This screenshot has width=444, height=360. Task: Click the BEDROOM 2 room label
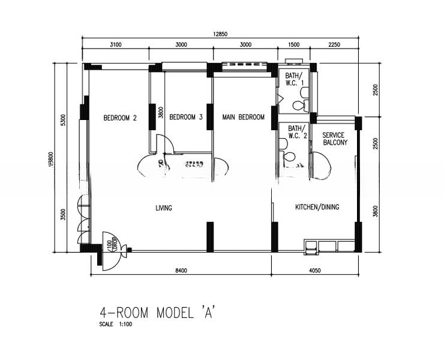coord(120,118)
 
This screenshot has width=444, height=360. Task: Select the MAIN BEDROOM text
coord(243,118)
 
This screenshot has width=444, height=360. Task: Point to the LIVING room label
coord(164,208)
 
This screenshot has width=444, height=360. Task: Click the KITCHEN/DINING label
coord(317,208)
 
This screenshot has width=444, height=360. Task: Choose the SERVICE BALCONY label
coord(334,139)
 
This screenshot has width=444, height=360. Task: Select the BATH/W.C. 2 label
coord(297,132)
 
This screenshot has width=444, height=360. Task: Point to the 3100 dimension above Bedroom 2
coord(116,45)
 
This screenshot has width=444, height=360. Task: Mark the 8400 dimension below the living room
coord(181,271)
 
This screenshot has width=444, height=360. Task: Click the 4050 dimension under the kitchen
coord(315,271)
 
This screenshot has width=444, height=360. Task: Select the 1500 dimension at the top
coord(294,45)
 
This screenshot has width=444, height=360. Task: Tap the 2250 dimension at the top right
coord(334,45)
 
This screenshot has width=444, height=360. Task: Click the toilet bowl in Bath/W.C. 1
coord(298,105)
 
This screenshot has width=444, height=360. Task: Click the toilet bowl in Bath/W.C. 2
coord(289,157)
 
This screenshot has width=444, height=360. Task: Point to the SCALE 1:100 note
coord(116,325)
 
